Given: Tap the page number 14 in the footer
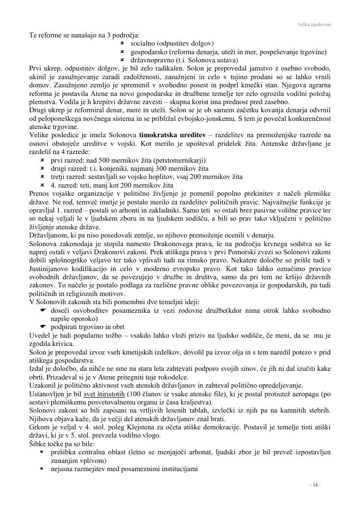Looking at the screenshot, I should click(314, 485).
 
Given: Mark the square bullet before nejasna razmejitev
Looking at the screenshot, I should click(42, 468).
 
